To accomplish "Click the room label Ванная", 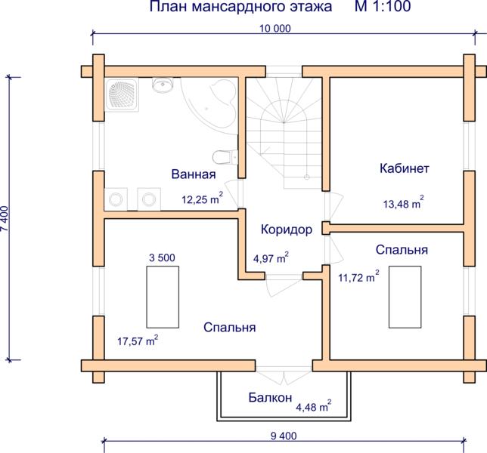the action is point(194,174).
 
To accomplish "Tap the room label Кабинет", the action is point(405,168).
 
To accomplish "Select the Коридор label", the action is point(287,230).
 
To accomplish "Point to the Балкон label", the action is point(270,397).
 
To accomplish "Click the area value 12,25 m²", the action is point(202,198).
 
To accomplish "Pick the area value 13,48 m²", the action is point(404,202).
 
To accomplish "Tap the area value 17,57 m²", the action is point(138,341).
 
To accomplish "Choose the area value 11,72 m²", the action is point(358,276).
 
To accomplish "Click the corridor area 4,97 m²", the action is point(271,257).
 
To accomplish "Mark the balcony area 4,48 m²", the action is point(313,406).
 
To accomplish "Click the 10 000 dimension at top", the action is point(275,28).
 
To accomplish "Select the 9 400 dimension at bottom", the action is point(284,436).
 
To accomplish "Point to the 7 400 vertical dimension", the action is point(5,219).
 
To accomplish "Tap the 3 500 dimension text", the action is point(162,257).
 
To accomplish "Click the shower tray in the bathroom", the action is point(122,94).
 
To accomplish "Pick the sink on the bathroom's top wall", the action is point(162,85).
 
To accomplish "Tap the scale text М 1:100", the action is point(383,6).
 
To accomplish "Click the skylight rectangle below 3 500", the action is point(163,297).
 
